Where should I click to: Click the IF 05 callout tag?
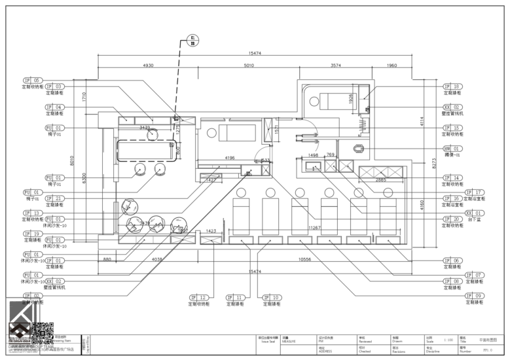click(x=32, y=80)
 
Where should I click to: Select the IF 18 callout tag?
click(x=452, y=86)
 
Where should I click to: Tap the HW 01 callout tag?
click(x=452, y=149)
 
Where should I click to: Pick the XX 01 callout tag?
click(x=474, y=213)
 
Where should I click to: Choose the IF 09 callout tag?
click(x=474, y=296)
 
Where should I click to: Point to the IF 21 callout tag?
click(x=54, y=198)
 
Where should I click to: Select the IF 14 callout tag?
click(x=452, y=177)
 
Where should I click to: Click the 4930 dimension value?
click(x=148, y=66)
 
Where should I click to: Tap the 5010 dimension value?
click(x=249, y=66)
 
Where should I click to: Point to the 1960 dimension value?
click(x=392, y=66)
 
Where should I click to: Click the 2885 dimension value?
click(x=380, y=179)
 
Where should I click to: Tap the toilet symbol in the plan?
click(x=357, y=149)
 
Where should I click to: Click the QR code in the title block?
click(x=41, y=333)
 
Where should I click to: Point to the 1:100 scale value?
click(x=448, y=340)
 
